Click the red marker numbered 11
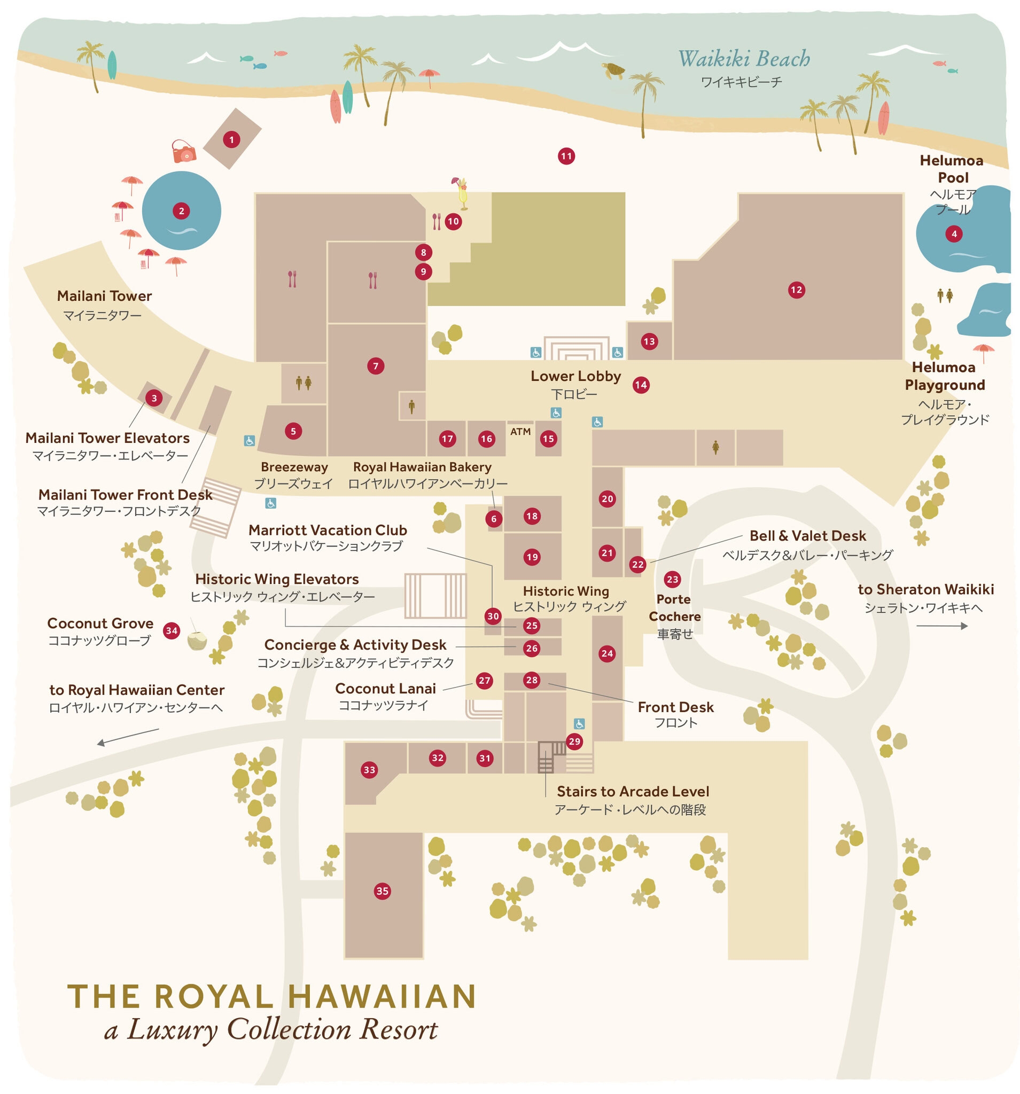pos(566,157)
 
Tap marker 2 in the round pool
pos(181,210)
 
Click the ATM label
pos(520,432)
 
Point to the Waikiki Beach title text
pos(743,59)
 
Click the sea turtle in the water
pos(614,71)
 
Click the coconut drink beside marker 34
pos(197,640)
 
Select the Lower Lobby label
pos(575,376)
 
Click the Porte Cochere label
pos(674,607)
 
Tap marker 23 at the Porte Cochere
pos(672,579)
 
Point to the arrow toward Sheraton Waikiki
pos(941,626)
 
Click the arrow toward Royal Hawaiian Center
pos(128,736)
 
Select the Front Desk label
pos(675,707)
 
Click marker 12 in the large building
pos(796,290)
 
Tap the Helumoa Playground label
pos(944,376)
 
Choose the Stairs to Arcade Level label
pos(633,791)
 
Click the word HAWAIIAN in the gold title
pos(381,997)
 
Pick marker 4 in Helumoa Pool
pos(953,234)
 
